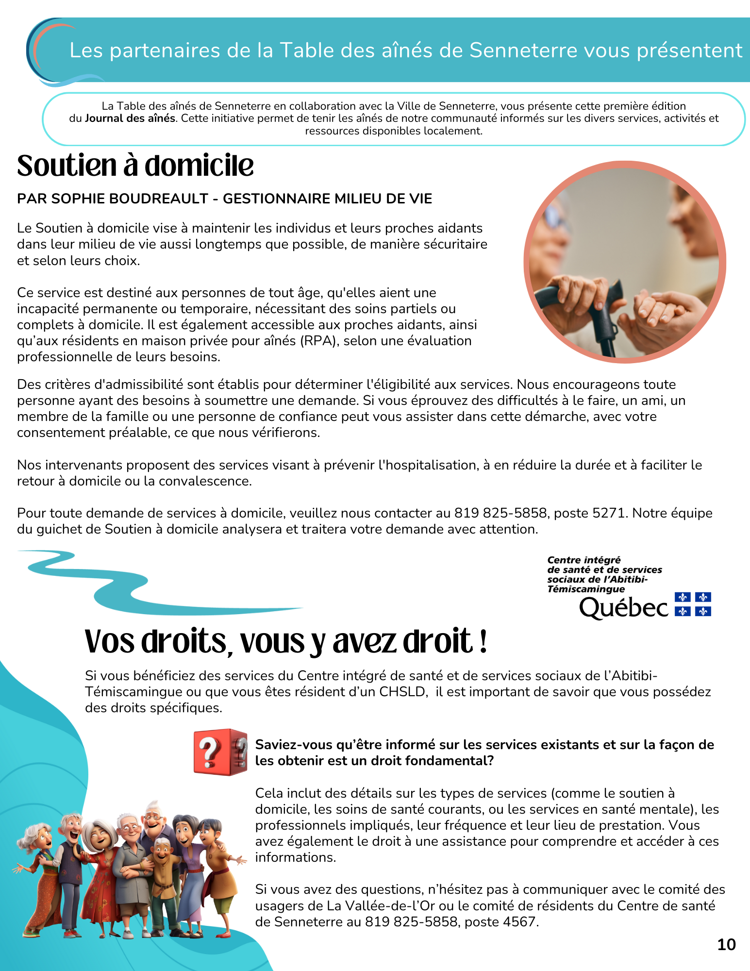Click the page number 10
pyautogui.click(x=726, y=944)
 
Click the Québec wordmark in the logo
pyautogui.click(x=623, y=607)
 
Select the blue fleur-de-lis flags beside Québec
pyautogui.click(x=693, y=604)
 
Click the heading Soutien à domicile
pyautogui.click(x=135, y=166)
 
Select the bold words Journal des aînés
pyautogui.click(x=130, y=118)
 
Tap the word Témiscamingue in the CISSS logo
pyautogui.click(x=586, y=589)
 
